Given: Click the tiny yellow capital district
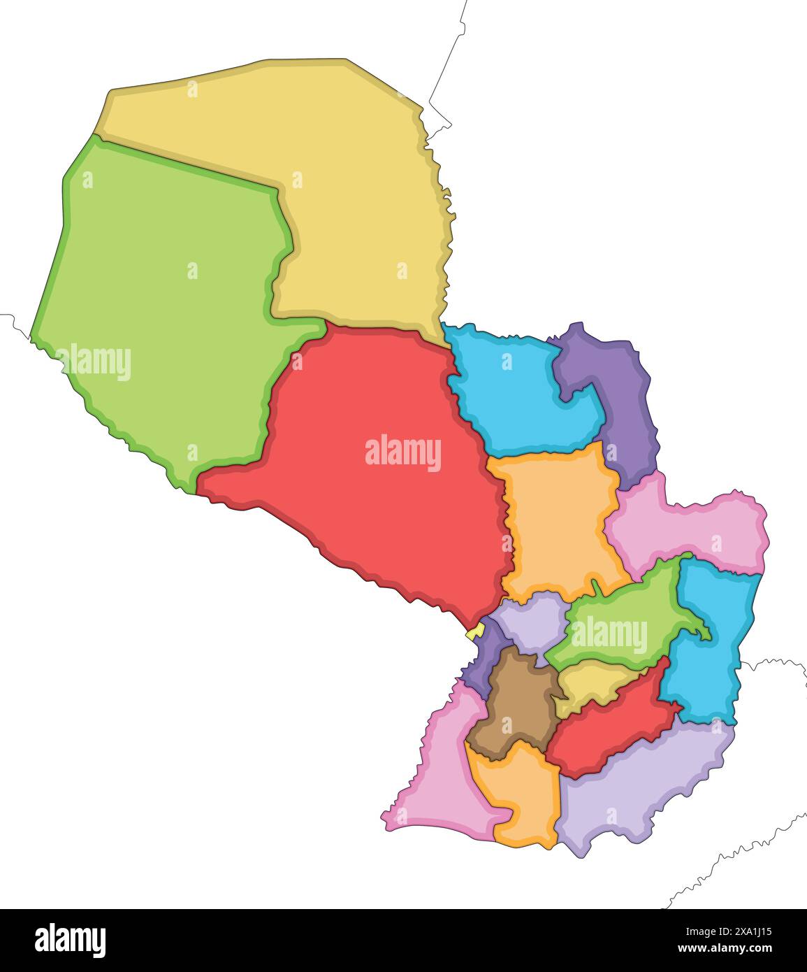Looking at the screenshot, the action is (x=476, y=632).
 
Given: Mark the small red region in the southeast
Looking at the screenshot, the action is (x=608, y=734).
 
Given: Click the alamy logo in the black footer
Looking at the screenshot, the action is (x=70, y=940).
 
